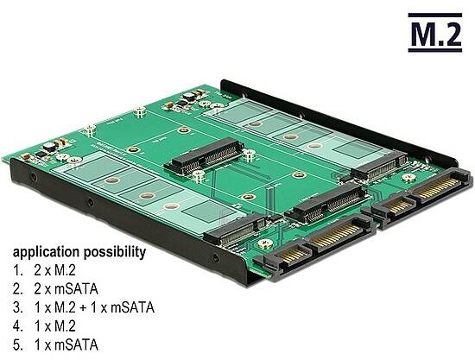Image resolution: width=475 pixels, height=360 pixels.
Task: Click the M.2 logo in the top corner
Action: pos(434,33)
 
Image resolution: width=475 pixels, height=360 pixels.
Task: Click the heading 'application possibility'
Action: pos(79,252)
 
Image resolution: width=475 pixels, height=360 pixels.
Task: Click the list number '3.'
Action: pos(18,307)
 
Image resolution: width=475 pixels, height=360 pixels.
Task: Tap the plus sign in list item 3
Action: pos(83,308)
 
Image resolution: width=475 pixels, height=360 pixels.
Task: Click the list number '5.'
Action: pos(18,344)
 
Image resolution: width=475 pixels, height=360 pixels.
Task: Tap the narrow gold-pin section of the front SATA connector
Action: pos(292,255)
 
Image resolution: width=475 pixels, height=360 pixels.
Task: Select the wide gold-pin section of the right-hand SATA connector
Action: pos(437,187)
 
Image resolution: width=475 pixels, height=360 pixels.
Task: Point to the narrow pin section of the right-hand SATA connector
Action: pos(397,206)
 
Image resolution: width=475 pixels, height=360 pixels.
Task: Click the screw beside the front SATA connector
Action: pos(266,243)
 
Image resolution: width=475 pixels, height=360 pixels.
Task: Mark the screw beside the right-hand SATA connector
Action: pos(409,178)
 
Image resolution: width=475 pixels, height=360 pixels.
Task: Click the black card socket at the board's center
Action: pos(204,156)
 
